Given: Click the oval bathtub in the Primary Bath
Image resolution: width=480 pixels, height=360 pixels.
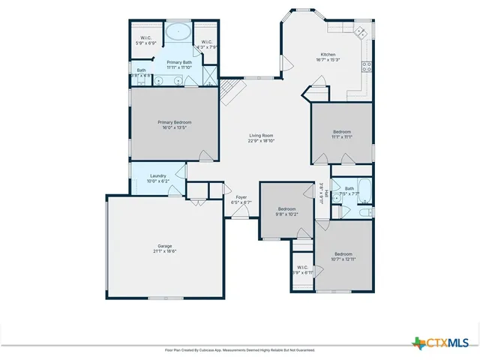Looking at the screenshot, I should coord(178,32).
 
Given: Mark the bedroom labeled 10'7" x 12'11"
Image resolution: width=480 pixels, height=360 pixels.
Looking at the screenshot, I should coord(342,256).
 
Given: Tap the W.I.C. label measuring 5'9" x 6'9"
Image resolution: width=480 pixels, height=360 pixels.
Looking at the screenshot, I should coord(146,40).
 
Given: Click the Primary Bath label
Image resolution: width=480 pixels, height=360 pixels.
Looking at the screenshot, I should coord(179,65).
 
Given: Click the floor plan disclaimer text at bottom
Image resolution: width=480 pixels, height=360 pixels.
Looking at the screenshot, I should coord(240,350).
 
